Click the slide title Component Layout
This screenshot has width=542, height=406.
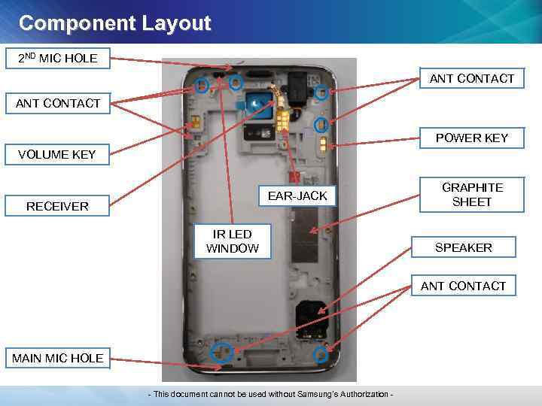[x=114, y=23]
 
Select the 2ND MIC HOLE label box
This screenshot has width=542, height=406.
[x=57, y=58]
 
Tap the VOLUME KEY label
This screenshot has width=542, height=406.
[x=57, y=155]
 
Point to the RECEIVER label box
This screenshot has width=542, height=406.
[x=57, y=206]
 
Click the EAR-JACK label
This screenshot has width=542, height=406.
[x=297, y=195]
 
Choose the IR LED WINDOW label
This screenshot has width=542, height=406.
[x=233, y=241]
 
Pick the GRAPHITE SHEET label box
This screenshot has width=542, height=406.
[x=472, y=195]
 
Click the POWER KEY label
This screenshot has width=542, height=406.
[x=472, y=138]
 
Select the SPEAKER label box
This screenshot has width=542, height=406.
[x=464, y=247]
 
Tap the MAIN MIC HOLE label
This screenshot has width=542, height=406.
[x=57, y=358]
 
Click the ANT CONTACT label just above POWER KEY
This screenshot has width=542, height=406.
[x=472, y=78]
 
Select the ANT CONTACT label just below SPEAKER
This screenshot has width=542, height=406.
[x=463, y=286]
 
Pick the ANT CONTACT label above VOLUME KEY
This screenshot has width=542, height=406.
[x=57, y=104]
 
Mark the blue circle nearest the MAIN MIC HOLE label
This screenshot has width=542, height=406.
[x=221, y=351]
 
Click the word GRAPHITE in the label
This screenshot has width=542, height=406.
[x=472, y=187]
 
